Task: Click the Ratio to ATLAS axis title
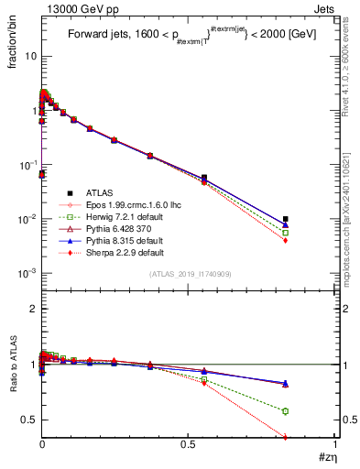14,391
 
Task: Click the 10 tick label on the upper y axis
29,56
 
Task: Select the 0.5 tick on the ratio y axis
27,420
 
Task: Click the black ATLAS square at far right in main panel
286,219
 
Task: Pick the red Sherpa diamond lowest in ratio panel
286,437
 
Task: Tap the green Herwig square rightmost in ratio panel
286,411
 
